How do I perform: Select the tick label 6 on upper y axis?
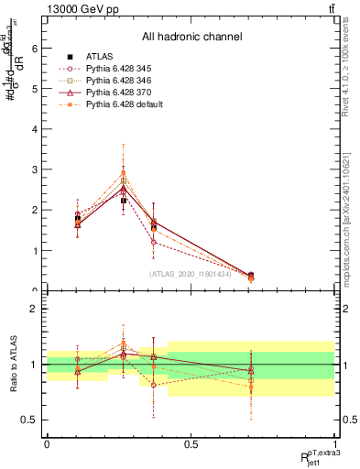(x=34, y=48)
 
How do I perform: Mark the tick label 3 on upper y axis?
(x=34, y=169)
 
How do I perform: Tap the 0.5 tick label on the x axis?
(x=191, y=443)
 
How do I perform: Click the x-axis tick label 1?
(x=334, y=443)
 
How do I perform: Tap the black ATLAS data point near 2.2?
(x=124, y=200)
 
